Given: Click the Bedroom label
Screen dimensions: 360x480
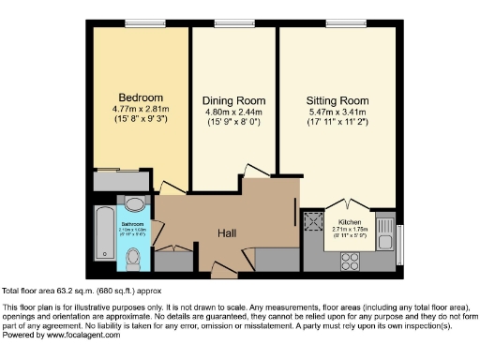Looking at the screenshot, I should pyautogui.click(x=141, y=97).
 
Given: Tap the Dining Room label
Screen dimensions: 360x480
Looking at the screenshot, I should pyautogui.click(x=234, y=100).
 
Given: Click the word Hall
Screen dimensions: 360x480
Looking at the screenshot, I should pyautogui.click(x=227, y=233).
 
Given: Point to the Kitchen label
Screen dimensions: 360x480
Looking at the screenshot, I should pyautogui.click(x=348, y=220).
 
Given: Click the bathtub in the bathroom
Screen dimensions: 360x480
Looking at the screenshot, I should pyautogui.click(x=103, y=233).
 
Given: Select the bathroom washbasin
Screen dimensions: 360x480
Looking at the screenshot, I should pyautogui.click(x=134, y=203).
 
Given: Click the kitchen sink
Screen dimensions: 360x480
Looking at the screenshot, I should pyautogui.click(x=383, y=228).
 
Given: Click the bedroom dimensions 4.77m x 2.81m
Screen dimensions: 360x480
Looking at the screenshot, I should pyautogui.click(x=141, y=109).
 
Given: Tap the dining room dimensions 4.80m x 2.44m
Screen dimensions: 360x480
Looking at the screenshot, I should pyautogui.click(x=234, y=112).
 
